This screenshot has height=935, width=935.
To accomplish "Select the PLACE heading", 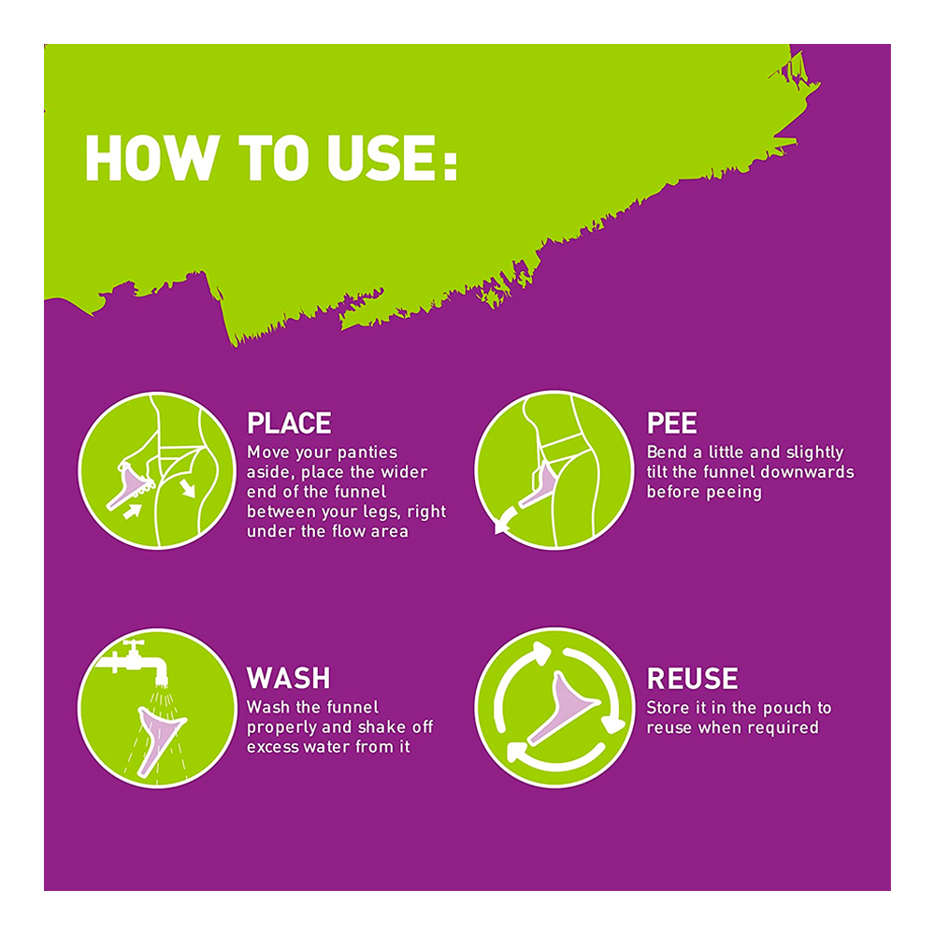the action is [289, 424].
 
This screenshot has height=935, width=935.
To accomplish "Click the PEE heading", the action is [671, 424].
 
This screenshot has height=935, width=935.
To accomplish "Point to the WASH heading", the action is [289, 678].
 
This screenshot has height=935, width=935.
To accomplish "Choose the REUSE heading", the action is [692, 679].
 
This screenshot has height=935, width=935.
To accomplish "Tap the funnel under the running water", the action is [159, 739].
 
